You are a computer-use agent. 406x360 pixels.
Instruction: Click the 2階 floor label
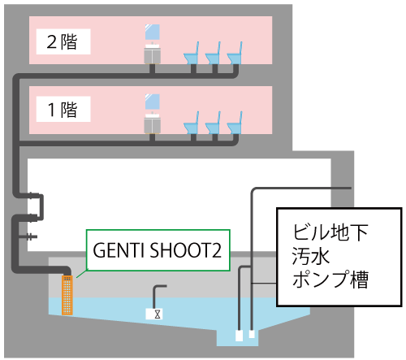pos(62,41)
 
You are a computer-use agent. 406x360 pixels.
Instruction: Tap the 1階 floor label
pos(63,110)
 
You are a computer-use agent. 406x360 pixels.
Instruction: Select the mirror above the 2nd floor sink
pos(153,33)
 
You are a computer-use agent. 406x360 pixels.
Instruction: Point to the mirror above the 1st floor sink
pos(153,102)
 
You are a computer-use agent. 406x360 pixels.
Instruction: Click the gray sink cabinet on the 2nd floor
pos(153,54)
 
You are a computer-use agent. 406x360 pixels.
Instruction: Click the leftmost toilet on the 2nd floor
pos(192,54)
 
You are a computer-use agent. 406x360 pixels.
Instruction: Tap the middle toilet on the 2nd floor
pos(214,54)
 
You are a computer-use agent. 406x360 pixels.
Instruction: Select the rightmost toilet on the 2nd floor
pos(235,54)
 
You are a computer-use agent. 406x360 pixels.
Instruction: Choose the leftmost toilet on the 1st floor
pos(192,124)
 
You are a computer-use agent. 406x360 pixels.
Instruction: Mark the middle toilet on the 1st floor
pos(214,124)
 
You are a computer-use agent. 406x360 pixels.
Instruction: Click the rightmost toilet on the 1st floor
pos(235,124)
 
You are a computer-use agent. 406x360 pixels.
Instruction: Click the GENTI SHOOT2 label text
pos(158,250)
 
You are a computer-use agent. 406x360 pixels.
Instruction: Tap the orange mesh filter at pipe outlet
pos(67,295)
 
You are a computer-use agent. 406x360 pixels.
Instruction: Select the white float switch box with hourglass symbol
pos(154,314)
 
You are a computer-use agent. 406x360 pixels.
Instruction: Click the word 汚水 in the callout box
pos(311,256)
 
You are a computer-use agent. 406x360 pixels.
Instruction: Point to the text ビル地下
pos(330,232)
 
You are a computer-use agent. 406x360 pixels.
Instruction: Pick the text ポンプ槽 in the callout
pos(330,280)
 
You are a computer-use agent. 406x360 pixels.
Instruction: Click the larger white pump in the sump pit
pos(240,336)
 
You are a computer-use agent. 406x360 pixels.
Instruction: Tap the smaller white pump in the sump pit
pos(252,334)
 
